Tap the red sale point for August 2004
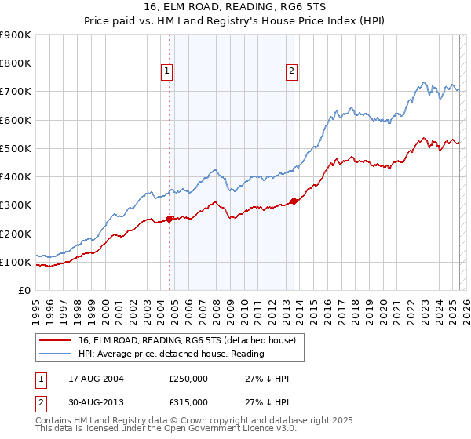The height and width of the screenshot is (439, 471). tap(170, 219)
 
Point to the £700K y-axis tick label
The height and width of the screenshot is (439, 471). tap(15, 92)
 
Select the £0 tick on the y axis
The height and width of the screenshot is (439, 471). tap(24, 291)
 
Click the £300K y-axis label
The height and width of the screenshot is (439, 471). tap(15, 205)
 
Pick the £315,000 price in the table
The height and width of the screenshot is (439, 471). tap(188, 402)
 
